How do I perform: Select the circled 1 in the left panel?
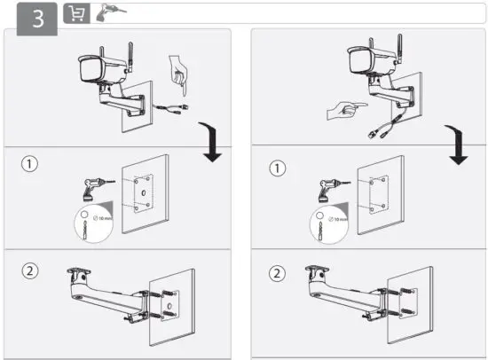coord(31,165)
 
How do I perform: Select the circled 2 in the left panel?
coord(31,272)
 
